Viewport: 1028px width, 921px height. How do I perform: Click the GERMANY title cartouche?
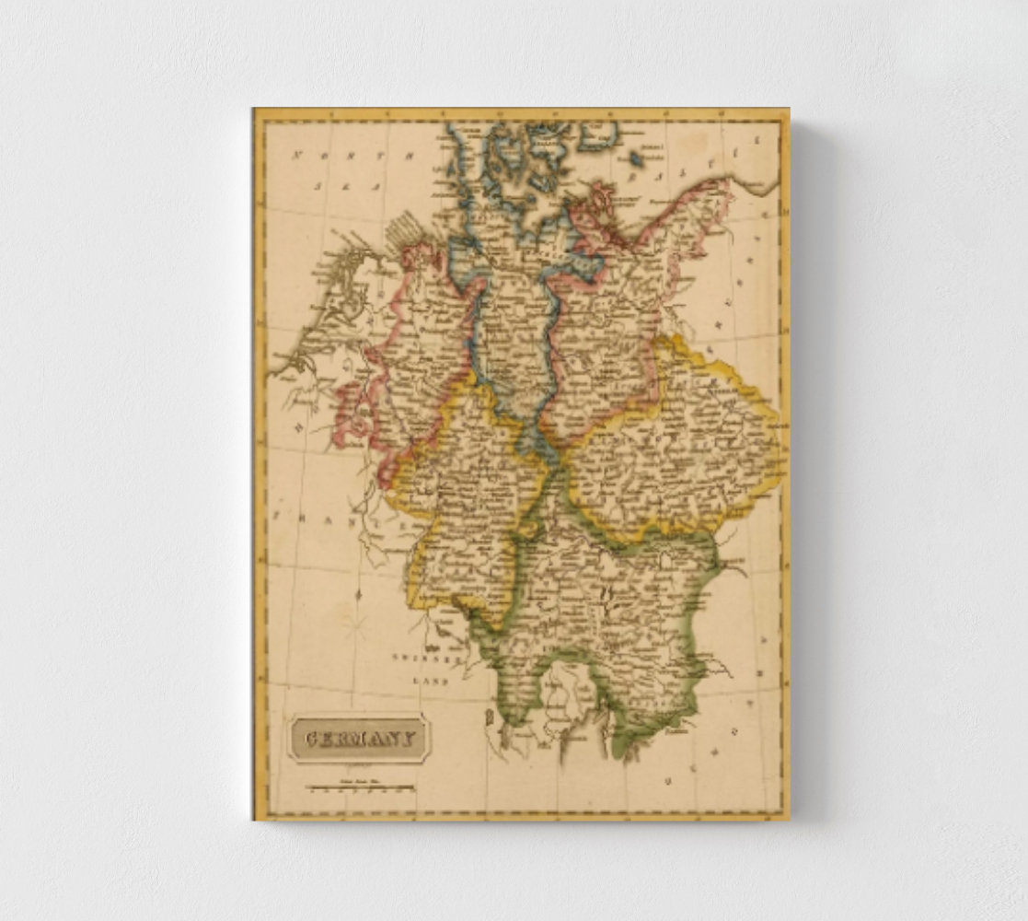(x=359, y=738)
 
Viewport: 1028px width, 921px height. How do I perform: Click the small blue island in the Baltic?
(x=634, y=158)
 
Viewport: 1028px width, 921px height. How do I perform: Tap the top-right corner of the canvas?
(x=789, y=109)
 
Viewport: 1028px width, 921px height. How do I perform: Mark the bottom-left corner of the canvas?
(x=254, y=819)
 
